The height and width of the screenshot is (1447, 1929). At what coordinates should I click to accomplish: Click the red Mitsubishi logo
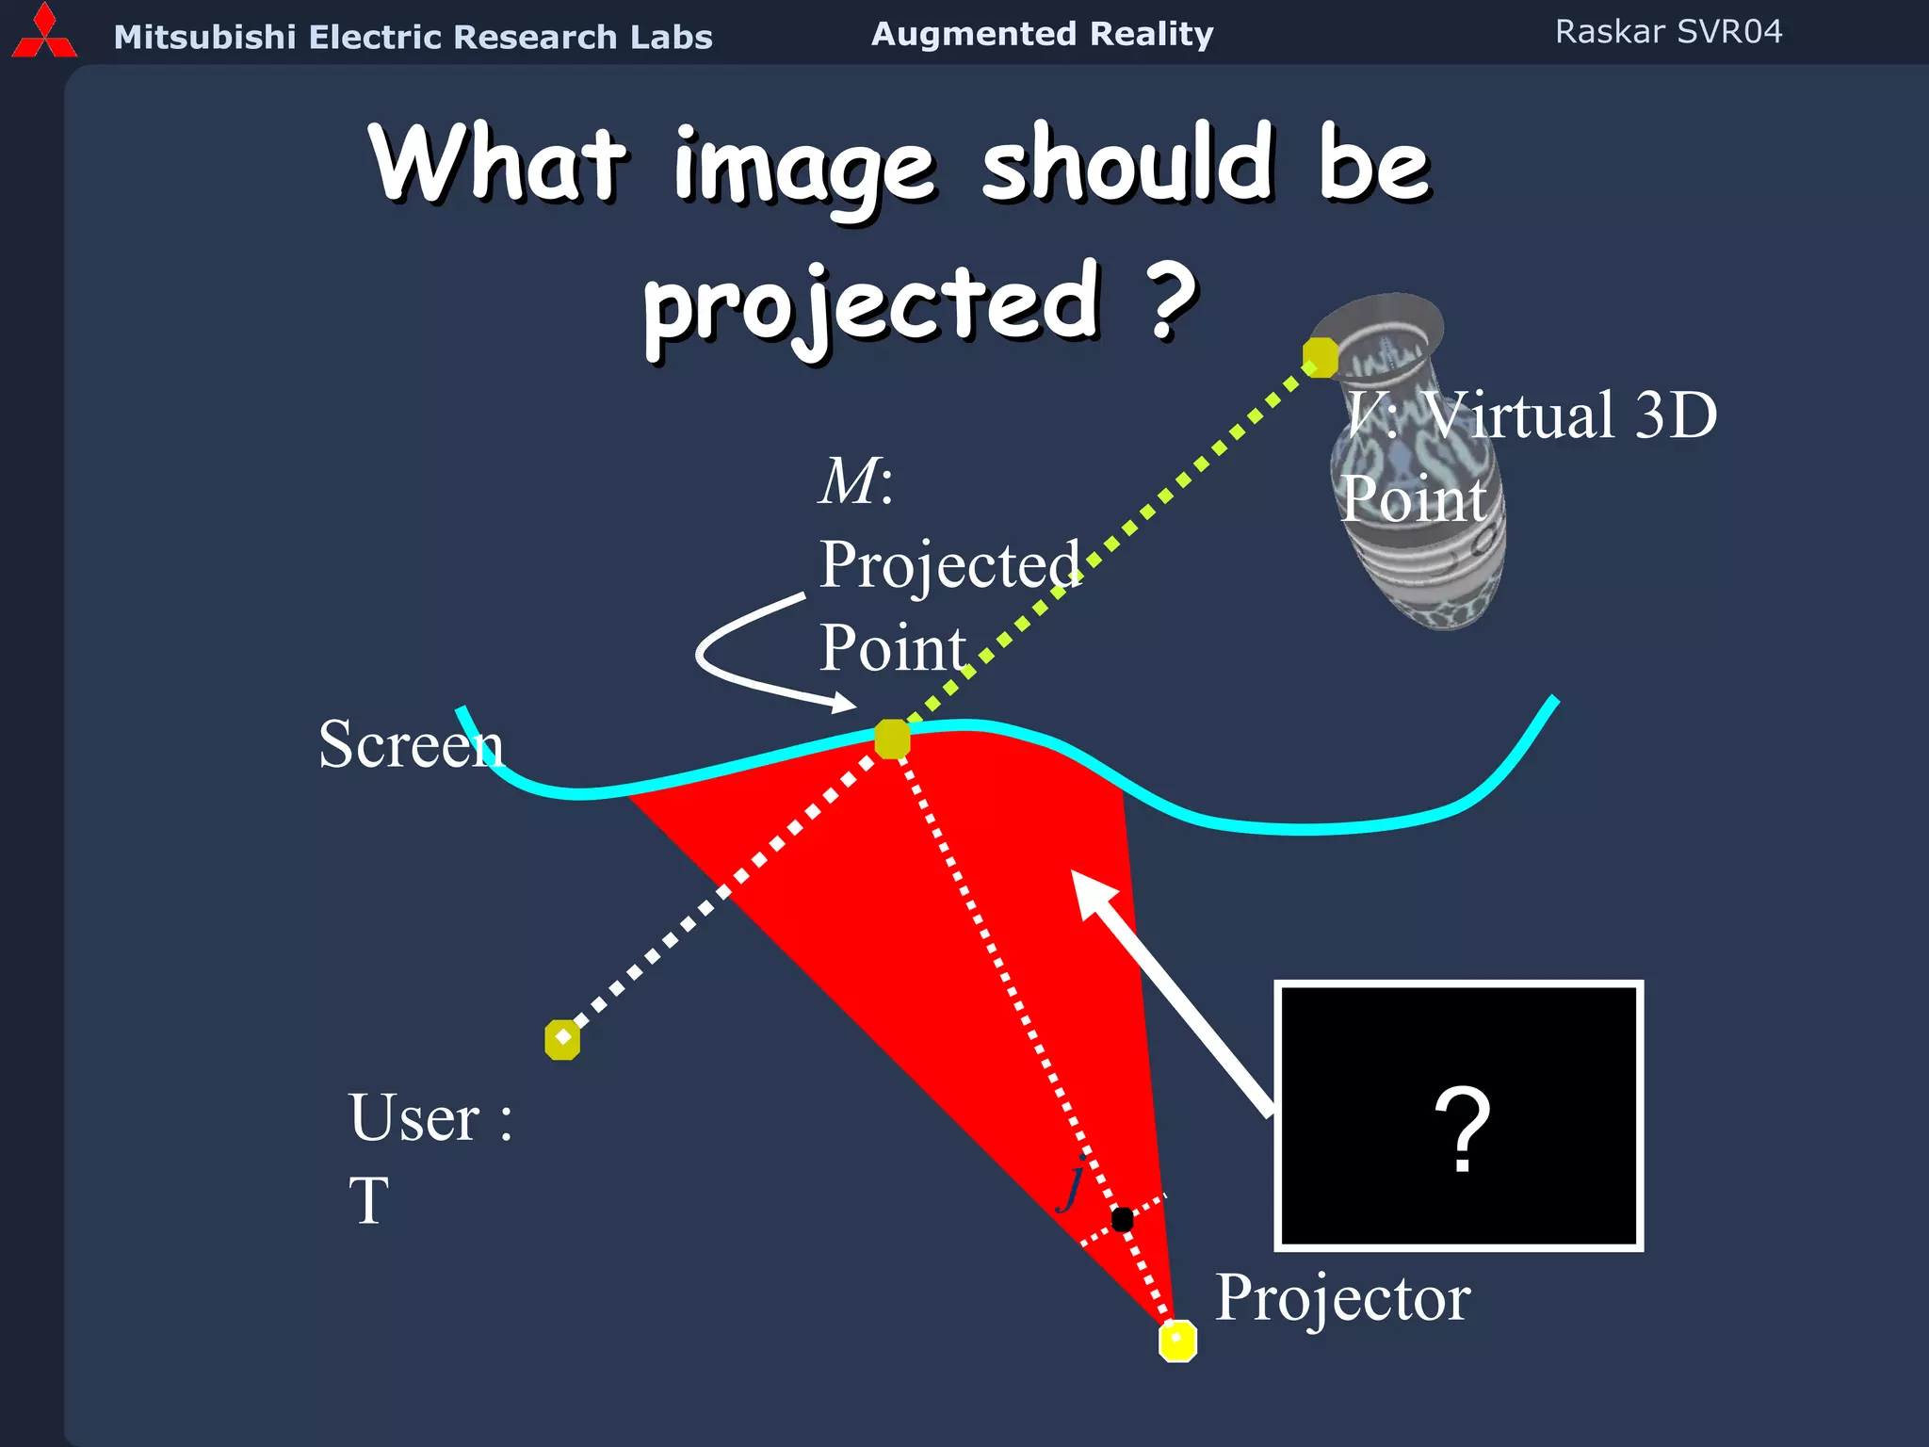43,33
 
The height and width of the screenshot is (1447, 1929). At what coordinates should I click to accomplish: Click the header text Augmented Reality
1042,34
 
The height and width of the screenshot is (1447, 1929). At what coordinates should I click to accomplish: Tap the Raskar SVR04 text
1668,32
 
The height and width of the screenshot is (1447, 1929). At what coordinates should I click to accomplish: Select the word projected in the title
871,304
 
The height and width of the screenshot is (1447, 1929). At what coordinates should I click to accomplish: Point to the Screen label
411,744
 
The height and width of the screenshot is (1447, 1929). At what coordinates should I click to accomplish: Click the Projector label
1342,1297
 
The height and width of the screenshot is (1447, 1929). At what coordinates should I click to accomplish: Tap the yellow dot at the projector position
1177,1341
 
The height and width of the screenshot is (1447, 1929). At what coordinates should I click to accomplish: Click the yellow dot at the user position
562,1040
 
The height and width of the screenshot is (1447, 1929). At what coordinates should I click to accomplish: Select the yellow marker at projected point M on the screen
892,739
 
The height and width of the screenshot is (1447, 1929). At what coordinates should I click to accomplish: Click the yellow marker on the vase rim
1321,357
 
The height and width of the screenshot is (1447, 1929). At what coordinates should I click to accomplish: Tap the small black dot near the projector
1122,1219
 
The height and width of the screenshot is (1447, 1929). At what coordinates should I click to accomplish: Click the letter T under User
369,1201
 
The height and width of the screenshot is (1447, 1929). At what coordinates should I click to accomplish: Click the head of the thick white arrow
1093,891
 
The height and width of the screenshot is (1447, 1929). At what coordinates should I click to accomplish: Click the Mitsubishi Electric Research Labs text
413,37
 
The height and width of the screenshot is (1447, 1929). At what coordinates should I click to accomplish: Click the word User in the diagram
414,1118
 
